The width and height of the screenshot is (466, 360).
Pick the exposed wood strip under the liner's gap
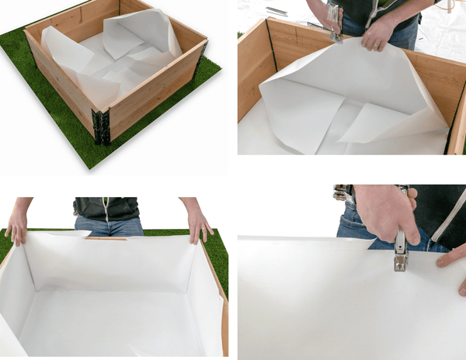pyautogui.click(x=106, y=238)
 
